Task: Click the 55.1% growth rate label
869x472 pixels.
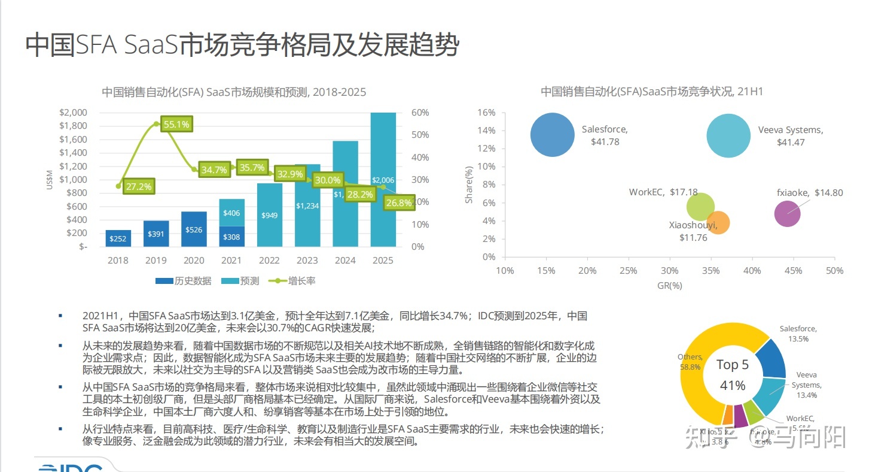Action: [x=176, y=125]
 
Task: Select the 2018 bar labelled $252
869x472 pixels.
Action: [x=118, y=238]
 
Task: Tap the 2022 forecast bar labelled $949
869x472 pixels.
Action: [x=269, y=215]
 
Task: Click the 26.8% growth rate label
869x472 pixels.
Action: [x=399, y=203]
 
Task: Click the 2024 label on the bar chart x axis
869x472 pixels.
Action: [x=345, y=261]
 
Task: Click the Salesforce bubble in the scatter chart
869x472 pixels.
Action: [x=552, y=135]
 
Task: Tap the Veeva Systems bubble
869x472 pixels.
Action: [x=728, y=135]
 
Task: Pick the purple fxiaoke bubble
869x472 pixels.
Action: [x=786, y=214]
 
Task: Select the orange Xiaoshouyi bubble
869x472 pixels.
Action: [x=718, y=223]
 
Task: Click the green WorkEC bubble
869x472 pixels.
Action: [x=700, y=207]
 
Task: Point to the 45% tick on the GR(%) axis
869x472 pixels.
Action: [x=792, y=271]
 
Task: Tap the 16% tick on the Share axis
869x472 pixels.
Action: [x=487, y=113]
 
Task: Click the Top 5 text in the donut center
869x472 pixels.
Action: [x=732, y=365]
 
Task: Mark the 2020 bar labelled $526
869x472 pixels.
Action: [x=194, y=229]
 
